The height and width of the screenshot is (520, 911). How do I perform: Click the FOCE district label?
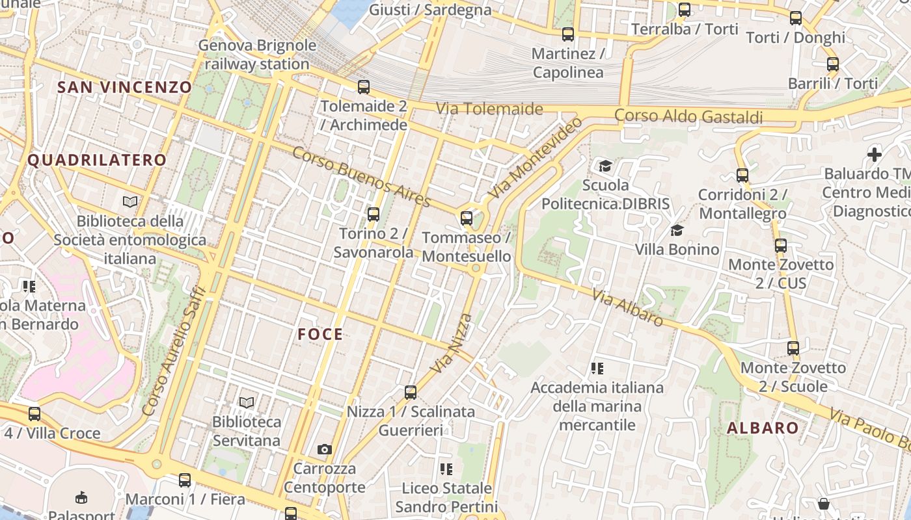click(x=320, y=334)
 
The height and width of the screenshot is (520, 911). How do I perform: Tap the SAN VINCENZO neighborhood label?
click(x=124, y=87)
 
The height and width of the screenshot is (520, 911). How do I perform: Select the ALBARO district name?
click(x=763, y=428)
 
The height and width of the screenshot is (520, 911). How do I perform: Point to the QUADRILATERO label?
click(x=97, y=160)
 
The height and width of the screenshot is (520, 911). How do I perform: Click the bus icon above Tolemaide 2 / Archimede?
click(x=364, y=86)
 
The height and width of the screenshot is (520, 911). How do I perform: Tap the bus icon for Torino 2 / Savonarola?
click(x=374, y=214)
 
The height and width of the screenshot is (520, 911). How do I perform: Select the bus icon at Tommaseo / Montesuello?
click(x=467, y=218)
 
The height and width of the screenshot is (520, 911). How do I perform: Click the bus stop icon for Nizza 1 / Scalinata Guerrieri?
click(x=410, y=392)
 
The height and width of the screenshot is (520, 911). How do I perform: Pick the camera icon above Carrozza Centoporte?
click(x=324, y=449)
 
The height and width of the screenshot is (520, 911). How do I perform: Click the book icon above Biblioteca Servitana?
click(x=246, y=402)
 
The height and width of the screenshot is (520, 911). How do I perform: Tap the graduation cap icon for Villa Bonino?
click(x=677, y=230)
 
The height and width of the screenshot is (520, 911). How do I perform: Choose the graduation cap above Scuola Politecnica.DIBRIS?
click(x=605, y=166)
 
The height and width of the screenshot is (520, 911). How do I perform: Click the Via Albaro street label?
click(x=627, y=307)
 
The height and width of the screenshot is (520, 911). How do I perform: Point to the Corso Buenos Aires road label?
click(x=361, y=177)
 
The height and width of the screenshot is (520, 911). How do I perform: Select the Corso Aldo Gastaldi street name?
click(x=688, y=116)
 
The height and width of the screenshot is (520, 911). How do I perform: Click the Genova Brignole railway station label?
click(x=257, y=55)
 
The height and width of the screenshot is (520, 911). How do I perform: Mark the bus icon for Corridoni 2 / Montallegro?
click(x=742, y=175)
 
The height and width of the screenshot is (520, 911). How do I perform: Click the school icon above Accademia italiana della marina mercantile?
click(x=597, y=369)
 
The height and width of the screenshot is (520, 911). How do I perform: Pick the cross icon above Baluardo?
click(x=875, y=155)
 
